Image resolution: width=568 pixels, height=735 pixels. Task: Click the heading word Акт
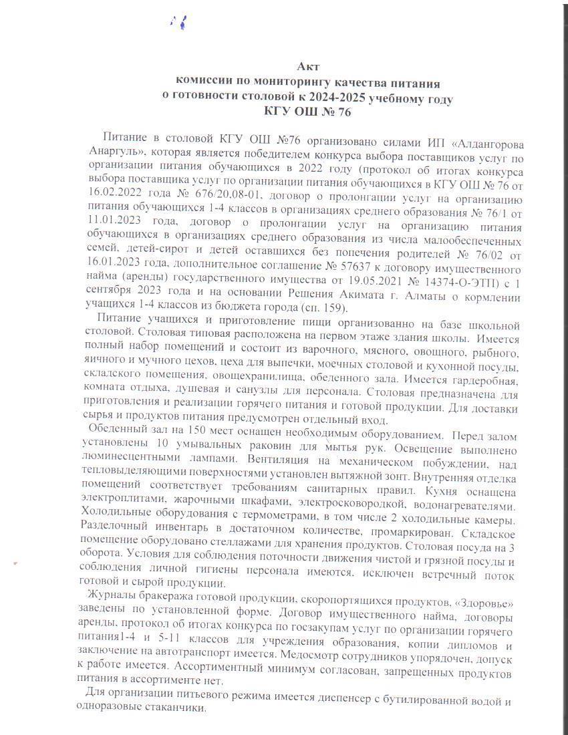pyautogui.click(x=309, y=67)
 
